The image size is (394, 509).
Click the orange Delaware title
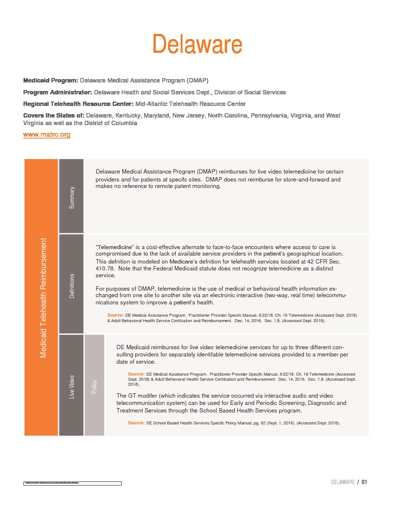(197, 44)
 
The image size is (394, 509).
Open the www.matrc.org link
(47, 135)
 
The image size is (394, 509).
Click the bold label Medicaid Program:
(51, 80)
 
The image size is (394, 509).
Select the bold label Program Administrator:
(58, 92)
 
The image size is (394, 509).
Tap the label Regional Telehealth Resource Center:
(78, 104)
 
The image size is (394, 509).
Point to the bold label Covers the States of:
(54, 115)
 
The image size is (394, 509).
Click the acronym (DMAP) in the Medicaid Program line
(197, 80)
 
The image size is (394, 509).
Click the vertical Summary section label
(72, 197)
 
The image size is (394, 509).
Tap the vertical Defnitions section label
(72, 286)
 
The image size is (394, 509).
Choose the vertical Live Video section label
(72, 387)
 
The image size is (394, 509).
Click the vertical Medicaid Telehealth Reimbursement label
(43, 298)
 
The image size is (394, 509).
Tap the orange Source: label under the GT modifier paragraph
(136, 423)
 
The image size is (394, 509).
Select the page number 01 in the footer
(364, 482)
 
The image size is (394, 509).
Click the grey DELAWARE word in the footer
(343, 482)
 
